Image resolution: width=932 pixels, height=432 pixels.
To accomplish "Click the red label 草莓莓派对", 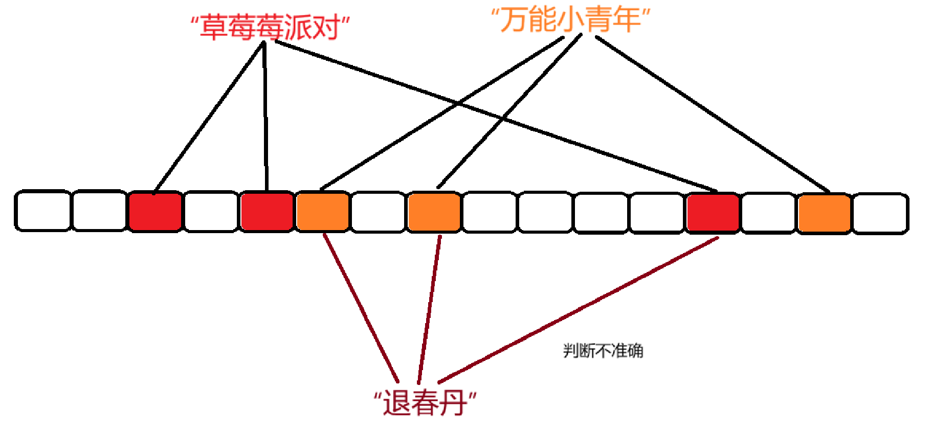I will [270, 27].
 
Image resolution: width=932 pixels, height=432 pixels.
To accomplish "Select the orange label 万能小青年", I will [570, 19].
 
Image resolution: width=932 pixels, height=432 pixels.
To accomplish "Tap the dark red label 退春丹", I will [425, 403].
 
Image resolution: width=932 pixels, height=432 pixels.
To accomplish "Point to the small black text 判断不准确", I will [603, 351].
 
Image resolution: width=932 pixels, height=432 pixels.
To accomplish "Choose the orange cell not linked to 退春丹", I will [824, 213].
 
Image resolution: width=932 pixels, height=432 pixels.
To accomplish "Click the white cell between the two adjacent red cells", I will [211, 211].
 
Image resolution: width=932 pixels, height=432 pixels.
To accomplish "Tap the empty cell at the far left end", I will [42, 211].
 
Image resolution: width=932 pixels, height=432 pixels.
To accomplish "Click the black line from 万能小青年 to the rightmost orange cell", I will [711, 113].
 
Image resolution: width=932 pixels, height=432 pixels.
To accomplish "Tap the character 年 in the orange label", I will [626, 19].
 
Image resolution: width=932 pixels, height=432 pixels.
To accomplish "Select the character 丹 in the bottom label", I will [452, 403].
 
